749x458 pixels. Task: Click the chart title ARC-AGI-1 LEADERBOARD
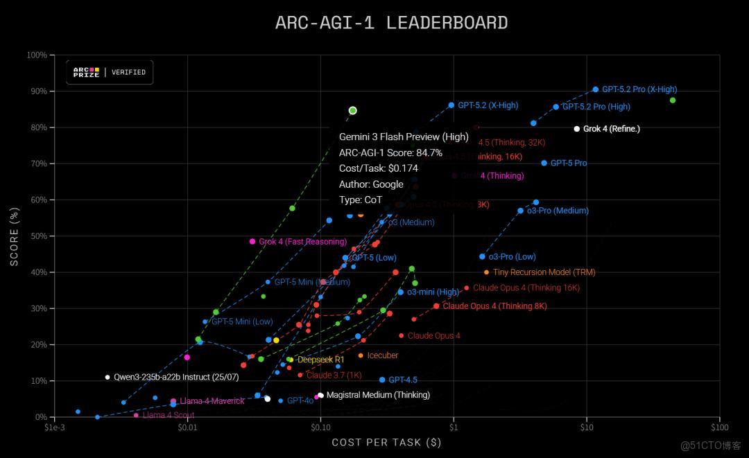click(x=391, y=23)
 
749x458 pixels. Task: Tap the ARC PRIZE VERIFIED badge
click(x=110, y=72)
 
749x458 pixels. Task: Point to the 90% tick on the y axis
click(x=37, y=91)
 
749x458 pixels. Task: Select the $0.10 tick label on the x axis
click(x=320, y=428)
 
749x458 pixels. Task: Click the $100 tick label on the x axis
click(x=719, y=428)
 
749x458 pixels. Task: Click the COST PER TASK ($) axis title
click(x=386, y=442)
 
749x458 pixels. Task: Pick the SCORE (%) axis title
click(x=15, y=236)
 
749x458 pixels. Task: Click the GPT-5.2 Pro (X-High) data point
click(x=595, y=89)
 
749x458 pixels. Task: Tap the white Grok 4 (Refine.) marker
click(x=576, y=129)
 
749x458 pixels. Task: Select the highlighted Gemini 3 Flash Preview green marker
click(x=352, y=110)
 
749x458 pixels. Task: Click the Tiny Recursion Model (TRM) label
click(x=544, y=272)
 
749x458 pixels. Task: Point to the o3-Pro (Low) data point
click(x=482, y=256)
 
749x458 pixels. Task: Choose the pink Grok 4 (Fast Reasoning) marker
click(x=252, y=242)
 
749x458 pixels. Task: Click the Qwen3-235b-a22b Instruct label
click(x=166, y=378)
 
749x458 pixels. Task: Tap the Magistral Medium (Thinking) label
click(x=377, y=395)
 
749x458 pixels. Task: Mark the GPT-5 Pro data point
click(x=544, y=163)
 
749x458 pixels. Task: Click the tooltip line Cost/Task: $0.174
click(x=378, y=168)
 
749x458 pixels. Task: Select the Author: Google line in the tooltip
click(x=371, y=184)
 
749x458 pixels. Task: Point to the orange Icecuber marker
click(x=361, y=355)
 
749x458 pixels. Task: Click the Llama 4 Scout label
click(x=168, y=415)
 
